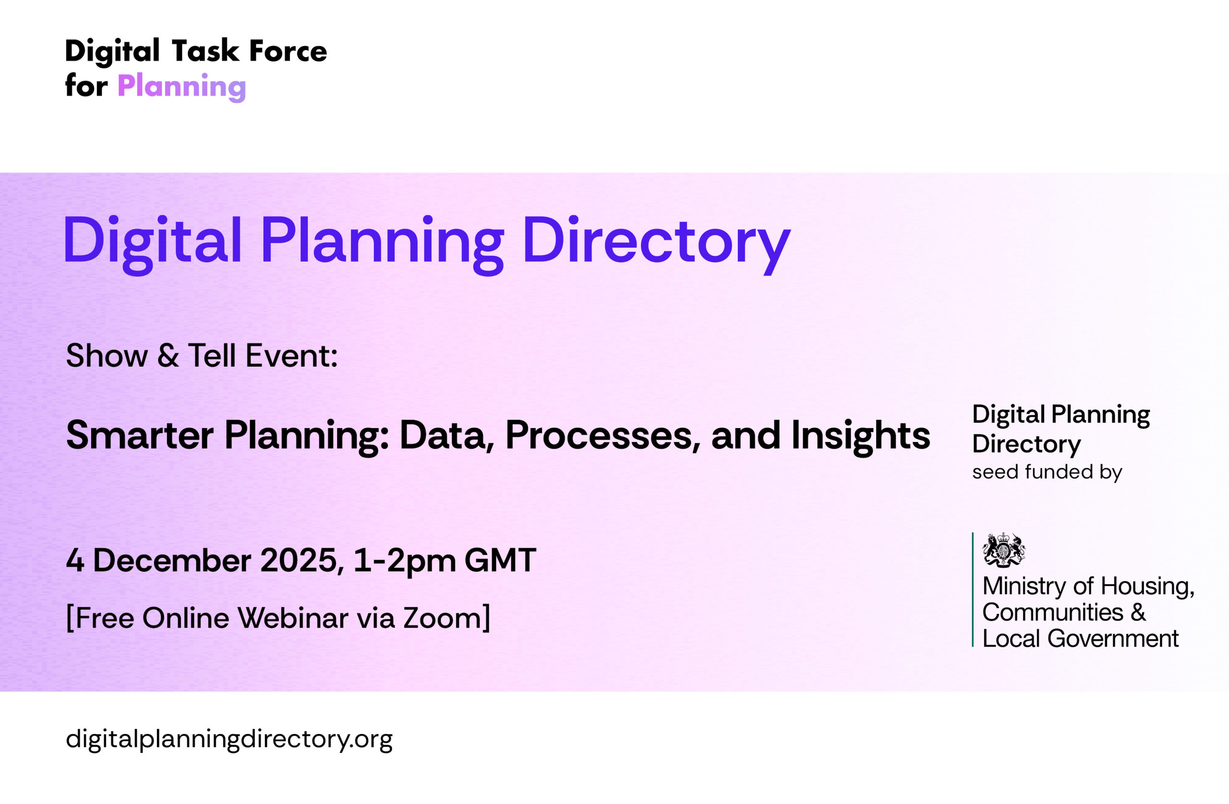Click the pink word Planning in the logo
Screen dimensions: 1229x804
182,86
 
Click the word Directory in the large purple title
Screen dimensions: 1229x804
656,243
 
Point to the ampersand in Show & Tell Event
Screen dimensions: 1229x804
168,355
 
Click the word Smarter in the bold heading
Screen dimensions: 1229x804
139,435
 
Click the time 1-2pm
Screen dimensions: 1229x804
405,562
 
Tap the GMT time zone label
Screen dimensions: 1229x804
500,560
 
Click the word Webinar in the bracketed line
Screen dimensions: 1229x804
293,618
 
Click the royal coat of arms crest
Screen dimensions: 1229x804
1004,550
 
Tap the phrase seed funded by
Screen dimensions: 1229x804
1047,472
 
